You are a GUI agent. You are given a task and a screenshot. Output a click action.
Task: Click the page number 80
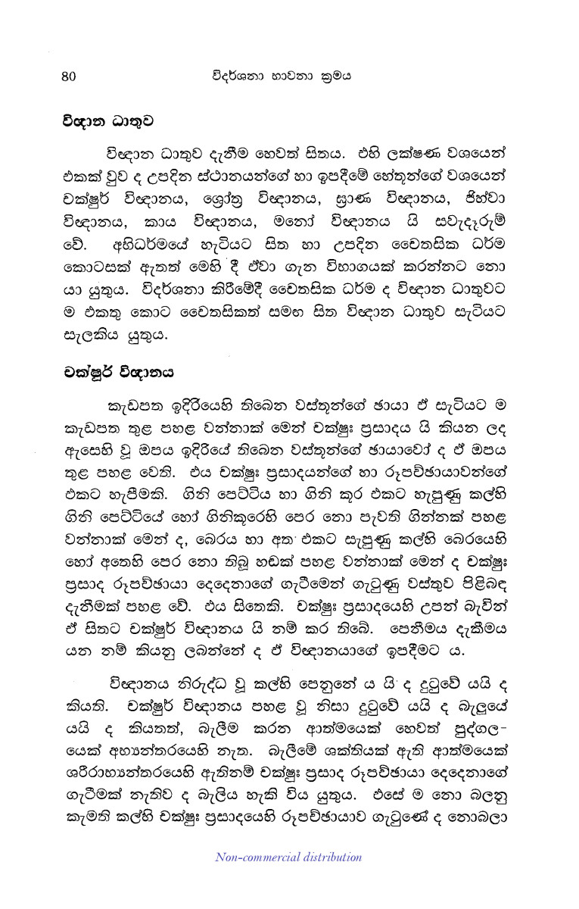[x=69, y=75]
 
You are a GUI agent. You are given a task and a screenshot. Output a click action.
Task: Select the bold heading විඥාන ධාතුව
[x=100, y=119]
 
